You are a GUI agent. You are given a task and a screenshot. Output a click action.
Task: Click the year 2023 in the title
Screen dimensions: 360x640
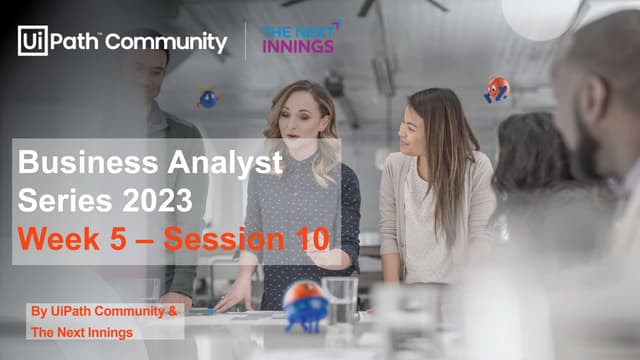coord(155,201)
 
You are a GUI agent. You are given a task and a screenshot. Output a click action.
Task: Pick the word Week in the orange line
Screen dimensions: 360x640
coord(60,240)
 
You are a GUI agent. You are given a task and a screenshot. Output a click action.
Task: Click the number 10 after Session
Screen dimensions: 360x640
coord(308,240)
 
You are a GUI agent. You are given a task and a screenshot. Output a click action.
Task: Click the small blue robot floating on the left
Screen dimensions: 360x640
coord(208,99)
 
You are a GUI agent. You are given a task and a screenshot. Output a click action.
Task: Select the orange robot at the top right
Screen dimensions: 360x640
coord(497,90)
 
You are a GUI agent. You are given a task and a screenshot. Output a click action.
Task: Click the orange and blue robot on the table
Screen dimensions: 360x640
coord(304,305)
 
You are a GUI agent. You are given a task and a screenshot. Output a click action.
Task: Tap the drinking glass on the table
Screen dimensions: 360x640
coord(341,300)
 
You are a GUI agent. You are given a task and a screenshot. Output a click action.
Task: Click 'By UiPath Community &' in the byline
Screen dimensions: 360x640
coord(103,312)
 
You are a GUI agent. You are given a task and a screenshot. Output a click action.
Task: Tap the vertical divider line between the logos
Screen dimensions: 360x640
coord(246,41)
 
